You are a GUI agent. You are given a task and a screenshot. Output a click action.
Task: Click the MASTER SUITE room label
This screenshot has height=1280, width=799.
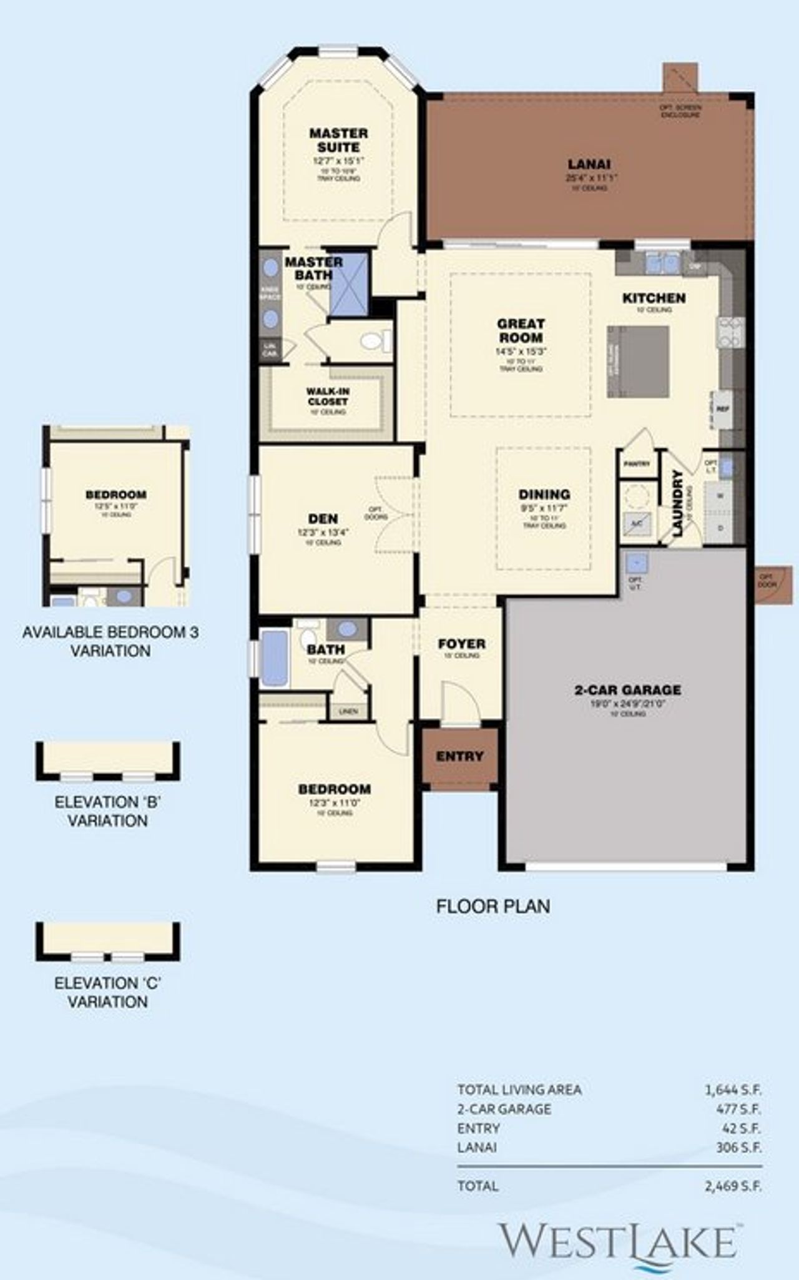click(x=338, y=140)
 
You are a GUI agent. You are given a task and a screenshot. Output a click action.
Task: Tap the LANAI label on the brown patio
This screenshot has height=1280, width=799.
click(x=589, y=164)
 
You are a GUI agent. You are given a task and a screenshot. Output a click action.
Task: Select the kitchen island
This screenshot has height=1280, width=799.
click(x=638, y=362)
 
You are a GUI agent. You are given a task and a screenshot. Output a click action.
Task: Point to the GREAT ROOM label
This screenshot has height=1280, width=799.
click(x=521, y=330)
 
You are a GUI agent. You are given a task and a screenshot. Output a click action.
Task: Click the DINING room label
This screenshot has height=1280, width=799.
click(x=544, y=495)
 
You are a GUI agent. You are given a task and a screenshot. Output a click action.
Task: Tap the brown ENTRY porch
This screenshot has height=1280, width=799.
click(x=460, y=757)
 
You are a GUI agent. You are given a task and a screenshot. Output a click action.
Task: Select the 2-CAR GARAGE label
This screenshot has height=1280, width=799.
click(x=627, y=690)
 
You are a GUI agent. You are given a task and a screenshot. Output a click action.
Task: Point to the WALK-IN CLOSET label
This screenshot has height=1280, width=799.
click(x=328, y=396)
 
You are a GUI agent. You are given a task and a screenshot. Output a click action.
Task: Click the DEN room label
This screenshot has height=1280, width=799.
click(x=323, y=518)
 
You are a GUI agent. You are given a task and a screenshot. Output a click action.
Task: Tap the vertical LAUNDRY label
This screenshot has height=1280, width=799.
click(x=679, y=503)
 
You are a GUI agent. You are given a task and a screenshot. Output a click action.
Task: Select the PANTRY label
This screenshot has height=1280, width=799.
click(x=637, y=464)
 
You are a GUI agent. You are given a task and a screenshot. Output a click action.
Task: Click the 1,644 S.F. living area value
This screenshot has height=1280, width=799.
click(x=733, y=1090)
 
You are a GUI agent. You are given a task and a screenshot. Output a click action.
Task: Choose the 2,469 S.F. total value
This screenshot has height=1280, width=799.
click(x=733, y=1186)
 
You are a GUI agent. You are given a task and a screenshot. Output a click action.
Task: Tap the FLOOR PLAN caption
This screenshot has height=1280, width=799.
click(x=493, y=906)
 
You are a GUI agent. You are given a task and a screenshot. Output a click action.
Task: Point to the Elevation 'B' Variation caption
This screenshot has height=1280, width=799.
click(x=107, y=811)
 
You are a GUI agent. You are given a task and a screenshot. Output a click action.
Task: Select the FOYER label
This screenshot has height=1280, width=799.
click(x=461, y=644)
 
